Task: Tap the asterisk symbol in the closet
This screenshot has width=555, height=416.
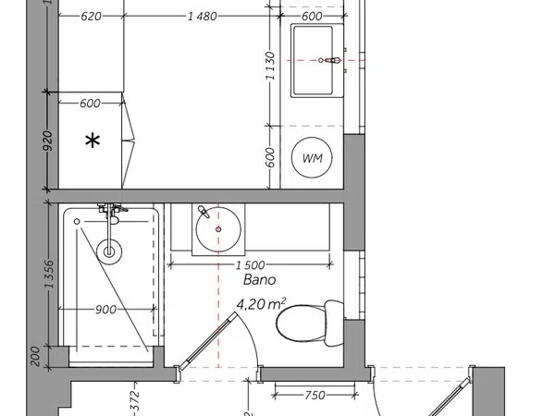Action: click(x=92, y=141)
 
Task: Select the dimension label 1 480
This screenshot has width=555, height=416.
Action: click(x=202, y=17)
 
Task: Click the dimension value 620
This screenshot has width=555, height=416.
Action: click(x=91, y=17)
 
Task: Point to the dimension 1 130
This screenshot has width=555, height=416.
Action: click(x=270, y=66)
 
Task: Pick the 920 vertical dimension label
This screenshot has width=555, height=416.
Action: click(x=48, y=141)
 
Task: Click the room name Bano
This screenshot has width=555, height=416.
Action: click(x=259, y=280)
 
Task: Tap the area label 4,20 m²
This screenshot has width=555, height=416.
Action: click(x=261, y=304)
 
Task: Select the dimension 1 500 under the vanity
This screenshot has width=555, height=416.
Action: click(x=251, y=265)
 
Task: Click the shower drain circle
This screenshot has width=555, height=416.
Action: click(x=109, y=251)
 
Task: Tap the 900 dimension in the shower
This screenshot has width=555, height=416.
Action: click(x=105, y=310)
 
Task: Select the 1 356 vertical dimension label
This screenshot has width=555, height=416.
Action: click(x=50, y=275)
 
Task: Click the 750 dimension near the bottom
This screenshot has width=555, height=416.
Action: click(x=314, y=395)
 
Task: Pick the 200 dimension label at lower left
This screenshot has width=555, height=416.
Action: click(x=35, y=356)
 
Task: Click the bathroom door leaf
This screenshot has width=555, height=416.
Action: click(x=207, y=341)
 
